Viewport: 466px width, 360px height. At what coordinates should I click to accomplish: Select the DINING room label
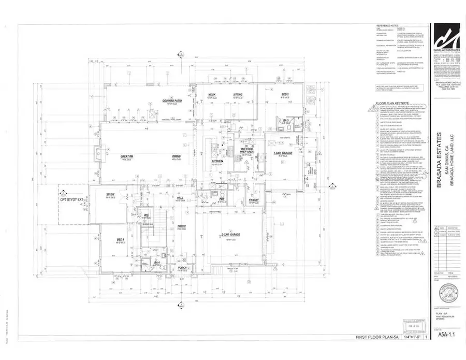click(x=177, y=156)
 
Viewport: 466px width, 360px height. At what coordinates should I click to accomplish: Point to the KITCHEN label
click(x=216, y=162)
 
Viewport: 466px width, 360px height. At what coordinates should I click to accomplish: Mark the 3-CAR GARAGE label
click(x=235, y=235)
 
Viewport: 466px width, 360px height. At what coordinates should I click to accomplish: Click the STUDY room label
click(x=110, y=195)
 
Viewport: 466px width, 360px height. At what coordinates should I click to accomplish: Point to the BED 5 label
click(x=285, y=94)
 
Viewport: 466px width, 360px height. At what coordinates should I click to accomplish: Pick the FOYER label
click(x=182, y=226)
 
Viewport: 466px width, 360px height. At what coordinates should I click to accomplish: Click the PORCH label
click(x=182, y=268)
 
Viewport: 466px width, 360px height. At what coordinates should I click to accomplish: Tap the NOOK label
click(x=211, y=95)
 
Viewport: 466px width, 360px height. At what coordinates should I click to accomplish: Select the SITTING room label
click(x=238, y=95)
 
